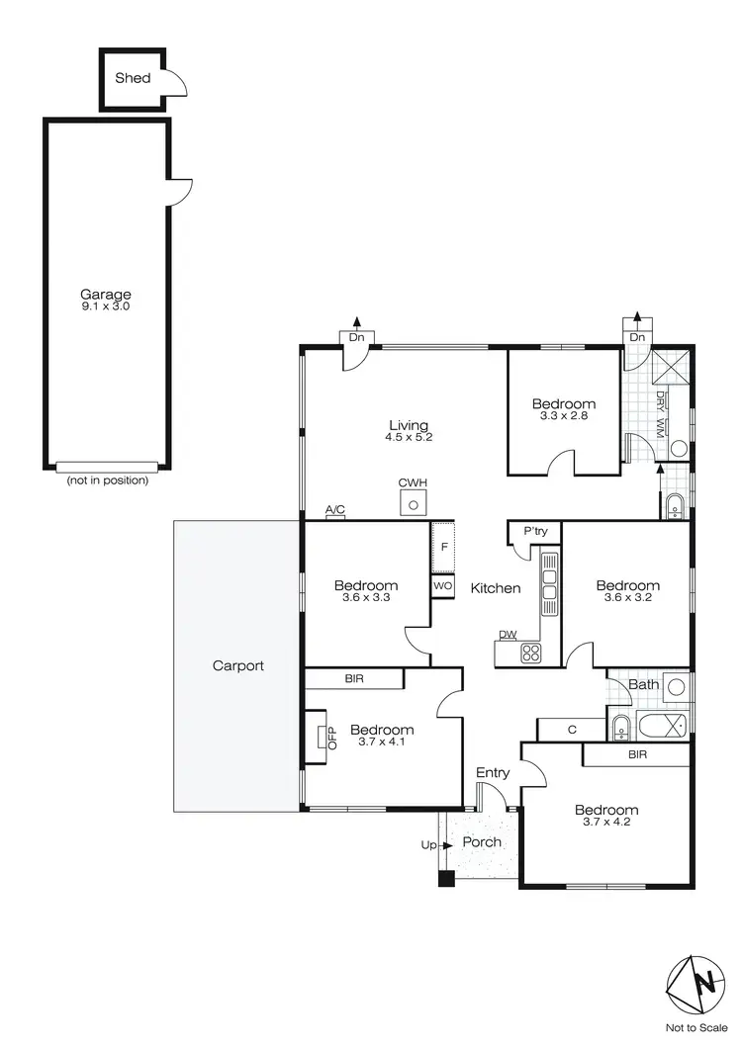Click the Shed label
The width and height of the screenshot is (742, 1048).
pyautogui.click(x=133, y=76)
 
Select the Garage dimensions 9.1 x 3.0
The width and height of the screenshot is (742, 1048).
pyautogui.click(x=106, y=307)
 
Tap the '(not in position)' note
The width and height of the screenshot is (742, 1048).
pyautogui.click(x=107, y=480)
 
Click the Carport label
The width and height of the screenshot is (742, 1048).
pyautogui.click(x=238, y=665)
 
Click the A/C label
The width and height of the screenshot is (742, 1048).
pyautogui.click(x=335, y=510)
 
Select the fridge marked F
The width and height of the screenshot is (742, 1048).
pyautogui.click(x=443, y=548)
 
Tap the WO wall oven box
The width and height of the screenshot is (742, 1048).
pyautogui.click(x=442, y=586)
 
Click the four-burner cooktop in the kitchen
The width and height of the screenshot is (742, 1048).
pyautogui.click(x=531, y=653)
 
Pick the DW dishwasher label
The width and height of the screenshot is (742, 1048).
pyautogui.click(x=508, y=635)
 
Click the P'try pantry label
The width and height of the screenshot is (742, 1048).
pyautogui.click(x=534, y=532)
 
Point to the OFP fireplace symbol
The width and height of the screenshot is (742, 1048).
pyautogui.click(x=324, y=737)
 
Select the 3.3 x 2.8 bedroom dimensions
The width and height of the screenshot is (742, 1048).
pyautogui.click(x=564, y=417)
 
